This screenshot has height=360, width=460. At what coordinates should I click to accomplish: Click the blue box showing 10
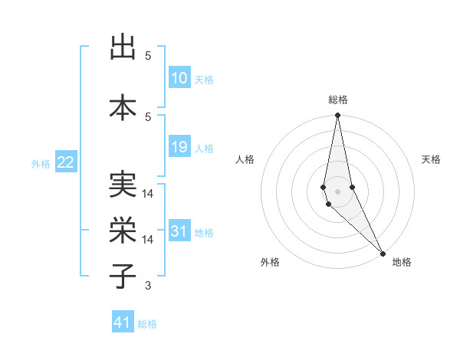179,78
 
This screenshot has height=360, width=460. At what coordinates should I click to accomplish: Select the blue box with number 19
179,147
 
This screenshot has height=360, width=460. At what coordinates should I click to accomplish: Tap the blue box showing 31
179,231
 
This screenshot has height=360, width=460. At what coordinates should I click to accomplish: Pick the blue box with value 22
66,162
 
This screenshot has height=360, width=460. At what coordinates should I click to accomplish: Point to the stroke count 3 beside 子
148,285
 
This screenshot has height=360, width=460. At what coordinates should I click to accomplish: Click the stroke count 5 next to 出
148,56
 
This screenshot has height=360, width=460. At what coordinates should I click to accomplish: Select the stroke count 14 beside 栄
148,240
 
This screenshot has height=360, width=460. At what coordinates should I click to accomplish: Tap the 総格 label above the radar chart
337,100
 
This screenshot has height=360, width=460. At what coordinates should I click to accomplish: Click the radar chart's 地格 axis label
402,262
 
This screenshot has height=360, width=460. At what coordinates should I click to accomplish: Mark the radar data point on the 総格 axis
337,116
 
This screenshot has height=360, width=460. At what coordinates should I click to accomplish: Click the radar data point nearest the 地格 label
383,253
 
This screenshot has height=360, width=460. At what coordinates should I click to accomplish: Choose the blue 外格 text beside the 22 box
41,163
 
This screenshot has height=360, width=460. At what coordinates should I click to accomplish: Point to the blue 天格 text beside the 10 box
204,80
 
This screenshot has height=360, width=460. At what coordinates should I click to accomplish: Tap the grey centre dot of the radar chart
337,191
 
